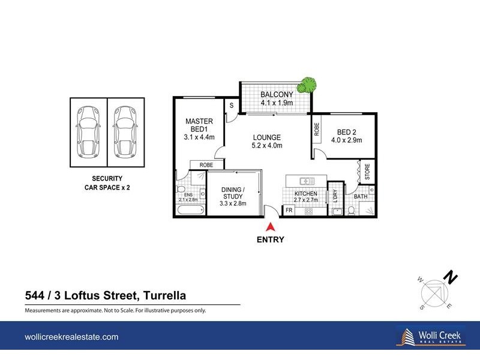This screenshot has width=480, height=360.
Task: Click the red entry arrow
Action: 271,227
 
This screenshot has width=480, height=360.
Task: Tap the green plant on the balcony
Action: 308,85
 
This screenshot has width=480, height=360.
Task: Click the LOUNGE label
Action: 267,136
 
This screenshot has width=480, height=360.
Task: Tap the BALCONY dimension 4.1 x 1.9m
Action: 277,103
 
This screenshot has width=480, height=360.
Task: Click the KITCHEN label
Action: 305,194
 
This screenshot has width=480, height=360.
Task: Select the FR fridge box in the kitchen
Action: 289,211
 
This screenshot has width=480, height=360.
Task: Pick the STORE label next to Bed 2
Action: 367,171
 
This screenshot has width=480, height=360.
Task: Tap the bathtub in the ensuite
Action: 191,209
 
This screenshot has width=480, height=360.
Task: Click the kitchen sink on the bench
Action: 306,180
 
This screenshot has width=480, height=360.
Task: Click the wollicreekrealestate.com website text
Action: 71,337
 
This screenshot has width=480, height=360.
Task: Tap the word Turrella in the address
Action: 163,295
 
